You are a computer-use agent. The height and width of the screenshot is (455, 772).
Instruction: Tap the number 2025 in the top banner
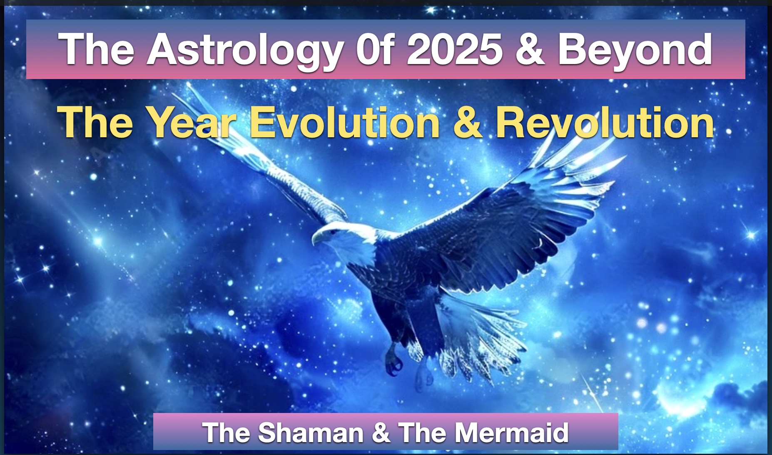(455, 49)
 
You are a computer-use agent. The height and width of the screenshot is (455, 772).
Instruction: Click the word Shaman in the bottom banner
(311, 433)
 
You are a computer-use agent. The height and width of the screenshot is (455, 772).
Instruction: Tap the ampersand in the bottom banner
(381, 433)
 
